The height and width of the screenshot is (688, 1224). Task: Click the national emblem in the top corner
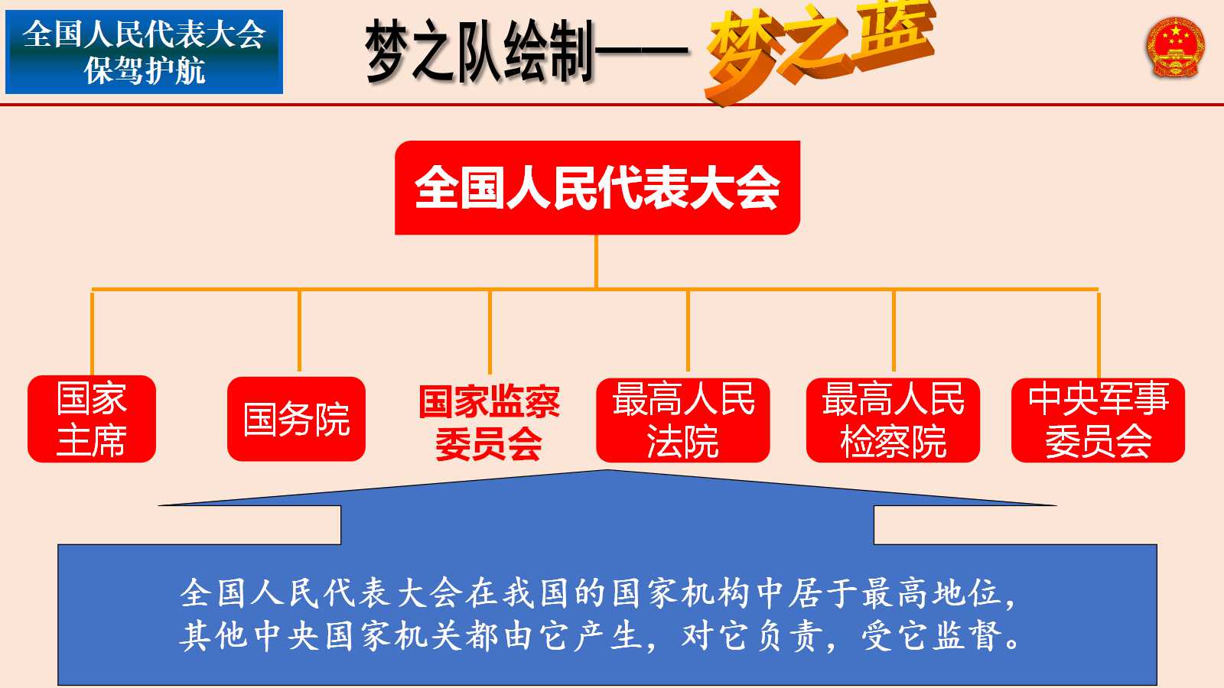pyautogui.click(x=1175, y=47)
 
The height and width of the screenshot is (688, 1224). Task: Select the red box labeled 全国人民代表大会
pyautogui.click(x=597, y=188)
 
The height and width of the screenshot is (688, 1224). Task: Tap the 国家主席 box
pyautogui.click(x=92, y=419)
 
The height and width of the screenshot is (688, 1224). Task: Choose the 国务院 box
pyautogui.click(x=296, y=419)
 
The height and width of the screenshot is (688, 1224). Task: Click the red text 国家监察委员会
pyautogui.click(x=489, y=424)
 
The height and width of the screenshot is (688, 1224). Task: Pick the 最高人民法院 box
pyautogui.click(x=683, y=420)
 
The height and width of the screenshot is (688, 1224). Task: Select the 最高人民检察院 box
pyautogui.click(x=893, y=420)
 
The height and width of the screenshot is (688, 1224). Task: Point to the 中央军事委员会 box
pyautogui.click(x=1099, y=420)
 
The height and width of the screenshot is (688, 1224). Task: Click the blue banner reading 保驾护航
pyautogui.click(x=145, y=52)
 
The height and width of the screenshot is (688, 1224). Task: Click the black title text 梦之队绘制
pyautogui.click(x=478, y=52)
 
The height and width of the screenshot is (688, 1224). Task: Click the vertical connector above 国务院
pyautogui.click(x=299, y=331)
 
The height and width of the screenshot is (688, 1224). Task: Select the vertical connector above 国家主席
pyautogui.click(x=92, y=333)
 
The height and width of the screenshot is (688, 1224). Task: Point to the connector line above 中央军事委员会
pyautogui.click(x=1099, y=334)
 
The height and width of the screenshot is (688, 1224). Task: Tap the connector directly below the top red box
pyautogui.click(x=596, y=261)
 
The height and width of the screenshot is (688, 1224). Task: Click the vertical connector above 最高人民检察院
pyautogui.click(x=894, y=331)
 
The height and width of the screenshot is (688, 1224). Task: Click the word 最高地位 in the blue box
pyautogui.click(x=933, y=593)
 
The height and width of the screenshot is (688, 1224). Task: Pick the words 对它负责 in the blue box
pyautogui.click(x=752, y=636)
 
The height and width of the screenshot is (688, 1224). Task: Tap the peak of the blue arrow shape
pyautogui.click(x=607, y=471)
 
